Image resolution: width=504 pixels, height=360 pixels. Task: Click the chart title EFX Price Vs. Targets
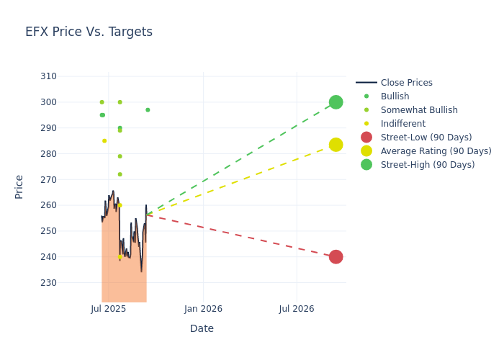click(x=89, y=32)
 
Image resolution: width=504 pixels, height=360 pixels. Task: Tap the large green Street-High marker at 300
click(x=336, y=102)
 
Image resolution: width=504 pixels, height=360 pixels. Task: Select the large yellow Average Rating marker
click(x=336, y=145)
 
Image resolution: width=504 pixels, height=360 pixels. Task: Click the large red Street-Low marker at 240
click(x=336, y=257)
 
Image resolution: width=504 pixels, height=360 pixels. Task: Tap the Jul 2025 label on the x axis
click(x=109, y=309)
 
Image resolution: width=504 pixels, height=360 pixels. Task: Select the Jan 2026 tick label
click(x=203, y=309)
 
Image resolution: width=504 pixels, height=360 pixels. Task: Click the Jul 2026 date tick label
click(x=297, y=309)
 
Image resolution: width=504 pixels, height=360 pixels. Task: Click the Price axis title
click(x=19, y=186)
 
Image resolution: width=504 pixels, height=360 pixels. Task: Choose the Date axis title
click(x=202, y=328)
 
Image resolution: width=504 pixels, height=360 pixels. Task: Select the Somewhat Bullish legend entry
click(x=419, y=110)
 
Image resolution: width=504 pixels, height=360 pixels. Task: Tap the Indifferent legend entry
click(x=402, y=124)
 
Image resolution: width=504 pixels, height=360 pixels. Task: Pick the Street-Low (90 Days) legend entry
click(x=426, y=138)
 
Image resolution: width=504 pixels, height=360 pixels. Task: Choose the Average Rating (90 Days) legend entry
click(x=436, y=151)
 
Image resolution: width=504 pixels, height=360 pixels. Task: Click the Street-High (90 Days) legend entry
click(x=428, y=165)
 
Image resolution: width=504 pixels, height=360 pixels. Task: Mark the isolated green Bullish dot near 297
click(x=148, y=110)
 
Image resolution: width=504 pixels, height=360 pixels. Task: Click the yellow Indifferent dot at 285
click(x=104, y=141)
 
